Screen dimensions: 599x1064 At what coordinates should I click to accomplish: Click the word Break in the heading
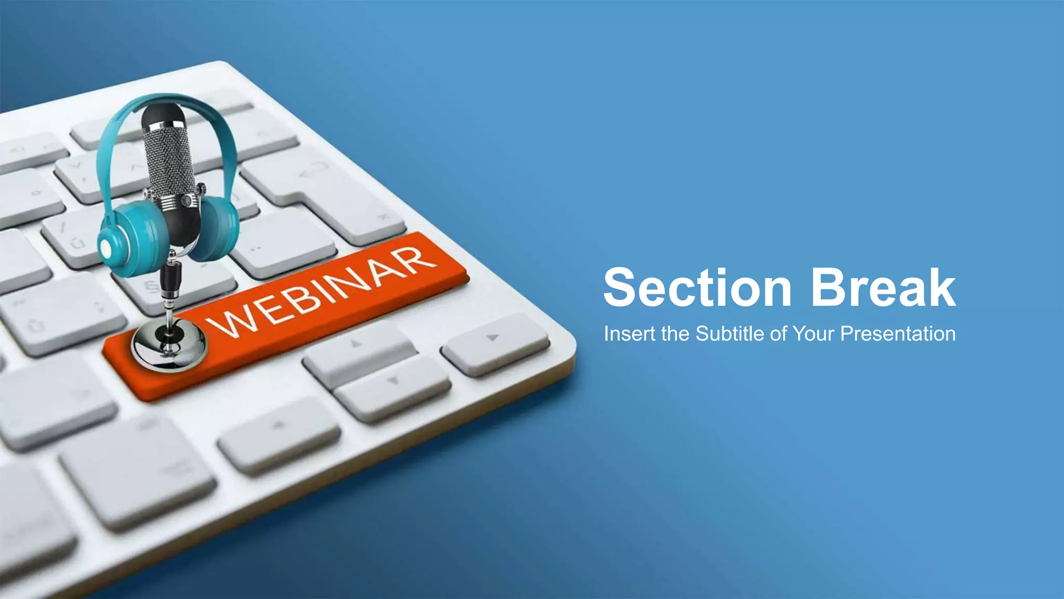(883, 288)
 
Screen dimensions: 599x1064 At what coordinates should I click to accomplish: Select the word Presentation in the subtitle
(898, 334)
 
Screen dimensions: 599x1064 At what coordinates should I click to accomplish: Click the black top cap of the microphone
(163, 115)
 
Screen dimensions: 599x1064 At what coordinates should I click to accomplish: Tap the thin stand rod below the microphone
(169, 307)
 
